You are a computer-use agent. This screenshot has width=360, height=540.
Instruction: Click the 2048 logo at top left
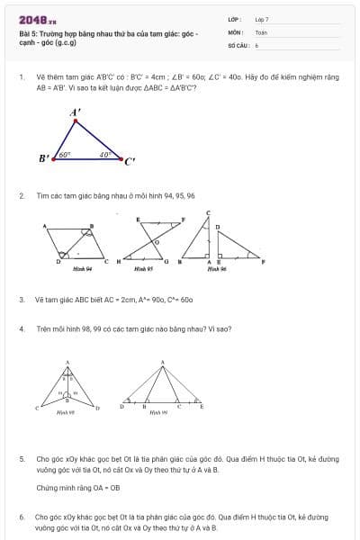point(37,19)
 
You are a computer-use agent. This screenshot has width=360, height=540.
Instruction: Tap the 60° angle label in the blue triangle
point(65,154)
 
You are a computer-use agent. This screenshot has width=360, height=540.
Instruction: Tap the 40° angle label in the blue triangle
point(104,154)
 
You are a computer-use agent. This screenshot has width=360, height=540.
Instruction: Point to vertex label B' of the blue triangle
point(44,158)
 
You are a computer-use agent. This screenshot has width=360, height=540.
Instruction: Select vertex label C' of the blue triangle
point(130,162)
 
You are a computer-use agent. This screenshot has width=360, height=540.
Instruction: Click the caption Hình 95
point(143,268)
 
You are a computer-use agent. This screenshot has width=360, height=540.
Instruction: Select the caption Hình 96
point(215,268)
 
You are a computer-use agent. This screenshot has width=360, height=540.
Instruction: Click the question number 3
point(21,299)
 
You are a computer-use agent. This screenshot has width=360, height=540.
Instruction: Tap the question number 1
point(21,76)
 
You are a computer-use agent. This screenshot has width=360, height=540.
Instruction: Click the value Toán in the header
point(261,31)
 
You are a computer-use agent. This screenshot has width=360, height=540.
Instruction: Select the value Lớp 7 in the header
point(262,19)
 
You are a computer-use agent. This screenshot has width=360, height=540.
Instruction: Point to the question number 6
point(21,517)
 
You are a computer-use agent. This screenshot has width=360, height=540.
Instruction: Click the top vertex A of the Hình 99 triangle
point(162,363)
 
